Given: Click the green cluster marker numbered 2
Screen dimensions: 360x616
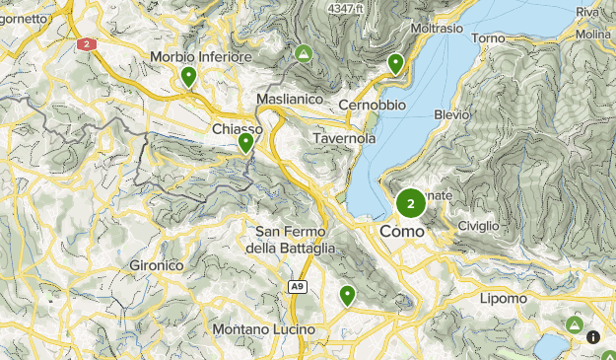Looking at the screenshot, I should pos(411,204).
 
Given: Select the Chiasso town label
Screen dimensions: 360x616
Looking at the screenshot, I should pos(237,129).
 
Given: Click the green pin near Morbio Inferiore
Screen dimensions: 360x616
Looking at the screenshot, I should pos(188,76).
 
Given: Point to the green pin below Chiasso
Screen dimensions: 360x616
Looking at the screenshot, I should pos(245,143).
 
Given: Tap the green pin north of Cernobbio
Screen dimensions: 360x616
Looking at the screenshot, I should pos(395,64).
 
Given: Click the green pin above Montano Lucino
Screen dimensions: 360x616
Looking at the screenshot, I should pos(347,294).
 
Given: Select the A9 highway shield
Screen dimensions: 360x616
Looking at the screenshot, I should pos(296,287).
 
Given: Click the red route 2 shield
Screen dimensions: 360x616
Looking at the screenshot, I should pos(87,43).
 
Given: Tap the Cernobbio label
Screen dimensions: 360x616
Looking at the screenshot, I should pos(372,105).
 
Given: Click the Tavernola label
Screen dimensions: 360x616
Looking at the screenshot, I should pos(344,139).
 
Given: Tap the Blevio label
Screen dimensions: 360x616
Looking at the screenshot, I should pos(451,114).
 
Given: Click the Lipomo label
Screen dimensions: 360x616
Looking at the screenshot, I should pos(503,297).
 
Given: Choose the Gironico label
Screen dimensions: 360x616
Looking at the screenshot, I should pos(157,265).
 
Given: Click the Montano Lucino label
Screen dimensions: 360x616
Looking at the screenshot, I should pos(263,328).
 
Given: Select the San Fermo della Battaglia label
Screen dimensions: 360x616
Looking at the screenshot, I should pos(296,240).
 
